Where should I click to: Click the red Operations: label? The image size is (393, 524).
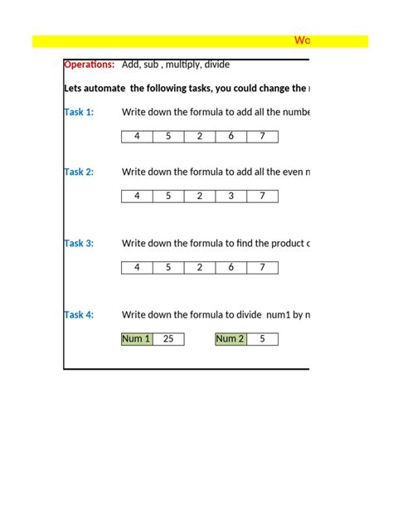click(x=89, y=65)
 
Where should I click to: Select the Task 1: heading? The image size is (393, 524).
click(x=79, y=113)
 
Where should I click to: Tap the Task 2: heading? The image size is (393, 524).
click(x=79, y=172)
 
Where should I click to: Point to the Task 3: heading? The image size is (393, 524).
click(x=79, y=244)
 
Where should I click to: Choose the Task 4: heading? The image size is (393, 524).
click(x=79, y=315)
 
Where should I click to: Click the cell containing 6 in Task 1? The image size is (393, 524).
click(x=230, y=137)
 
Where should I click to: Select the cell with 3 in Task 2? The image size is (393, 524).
click(x=230, y=196)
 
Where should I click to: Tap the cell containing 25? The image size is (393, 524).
click(x=168, y=339)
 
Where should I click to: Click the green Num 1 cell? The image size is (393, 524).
click(x=137, y=339)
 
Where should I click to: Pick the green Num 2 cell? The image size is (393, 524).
click(x=230, y=339)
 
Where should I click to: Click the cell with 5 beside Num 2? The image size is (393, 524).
click(x=262, y=339)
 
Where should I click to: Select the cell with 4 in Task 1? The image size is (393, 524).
click(x=137, y=137)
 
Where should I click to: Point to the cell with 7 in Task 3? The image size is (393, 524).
click(x=262, y=268)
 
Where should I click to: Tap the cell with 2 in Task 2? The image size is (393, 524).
click(x=200, y=196)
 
